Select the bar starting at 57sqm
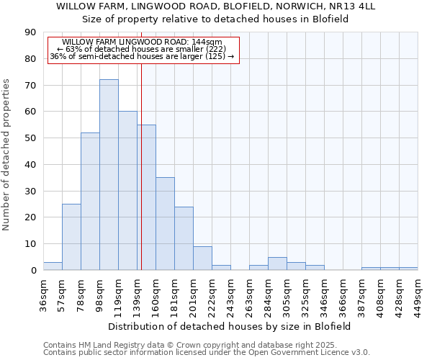coord(71,237)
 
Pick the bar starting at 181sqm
coord(184,238)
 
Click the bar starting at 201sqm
coord(202,258)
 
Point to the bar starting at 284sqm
coord(277,264)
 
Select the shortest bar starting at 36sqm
coord(53,266)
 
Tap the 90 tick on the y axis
coord(30,32)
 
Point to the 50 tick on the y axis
coord(30,138)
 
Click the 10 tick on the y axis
coord(30,244)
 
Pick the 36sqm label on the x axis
coord(43,294)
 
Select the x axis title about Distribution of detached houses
coord(230,326)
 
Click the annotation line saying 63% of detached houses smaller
coord(142,50)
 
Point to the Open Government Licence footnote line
coord(207,352)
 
